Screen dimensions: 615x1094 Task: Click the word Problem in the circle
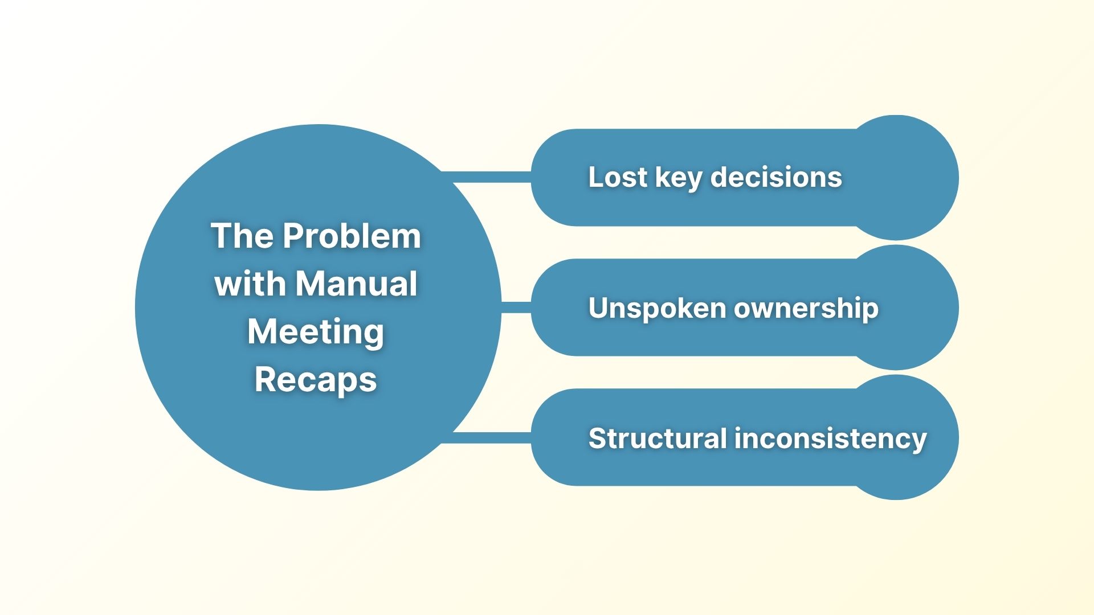point(352,236)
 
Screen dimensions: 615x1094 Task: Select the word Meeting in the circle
point(316,332)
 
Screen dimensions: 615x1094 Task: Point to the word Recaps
point(316,380)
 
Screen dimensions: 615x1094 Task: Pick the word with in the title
point(250,284)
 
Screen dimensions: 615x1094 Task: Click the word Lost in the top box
point(618,177)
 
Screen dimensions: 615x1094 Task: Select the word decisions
point(776,177)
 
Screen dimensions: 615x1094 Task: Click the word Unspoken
point(657,309)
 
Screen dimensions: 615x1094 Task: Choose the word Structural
point(657,438)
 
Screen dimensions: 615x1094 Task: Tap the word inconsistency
point(830,439)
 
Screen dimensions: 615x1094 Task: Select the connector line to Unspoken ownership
point(516,307)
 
